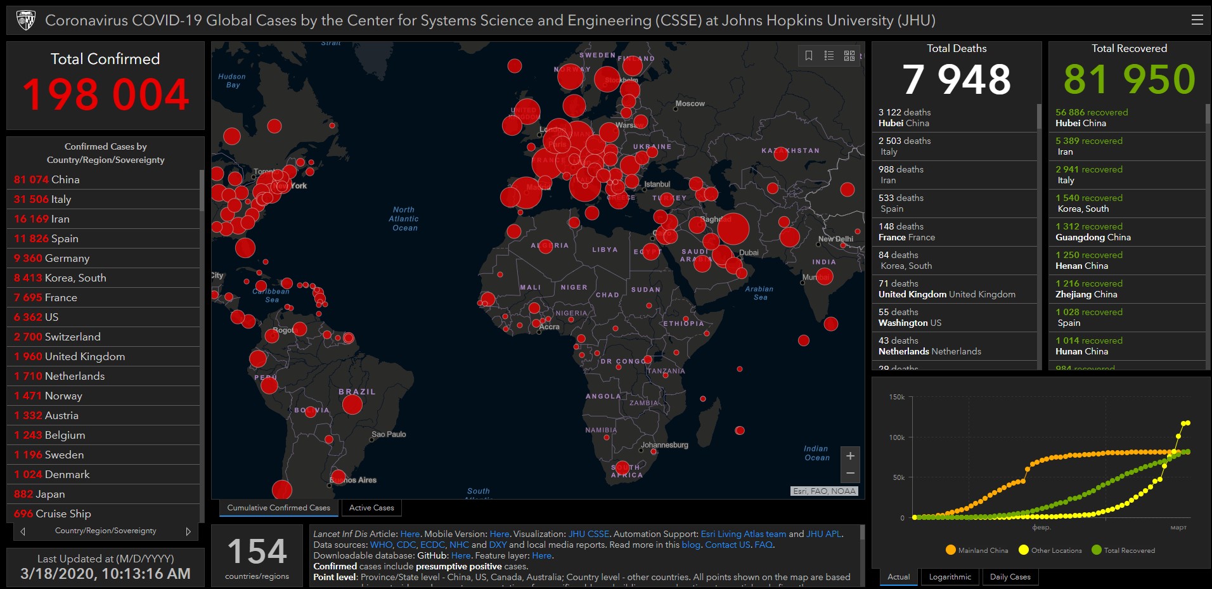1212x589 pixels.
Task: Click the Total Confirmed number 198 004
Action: [x=105, y=95]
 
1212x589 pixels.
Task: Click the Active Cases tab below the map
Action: [x=371, y=508]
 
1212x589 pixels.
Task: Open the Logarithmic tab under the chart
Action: [x=950, y=577]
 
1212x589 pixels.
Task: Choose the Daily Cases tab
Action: [x=1010, y=577]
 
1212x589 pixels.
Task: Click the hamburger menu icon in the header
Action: [x=1197, y=20]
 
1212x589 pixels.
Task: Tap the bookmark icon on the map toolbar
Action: [x=809, y=56]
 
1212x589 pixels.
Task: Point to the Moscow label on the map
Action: [x=690, y=103]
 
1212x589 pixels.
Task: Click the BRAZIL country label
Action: [x=357, y=392]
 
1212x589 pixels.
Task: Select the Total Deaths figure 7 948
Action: [x=956, y=80]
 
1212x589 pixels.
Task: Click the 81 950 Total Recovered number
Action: [x=1129, y=80]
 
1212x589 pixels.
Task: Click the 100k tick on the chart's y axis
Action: [x=896, y=437]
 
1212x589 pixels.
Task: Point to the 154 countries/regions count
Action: [x=257, y=552]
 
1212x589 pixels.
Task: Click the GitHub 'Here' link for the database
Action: [x=461, y=555]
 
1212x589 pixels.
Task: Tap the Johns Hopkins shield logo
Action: [x=26, y=20]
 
